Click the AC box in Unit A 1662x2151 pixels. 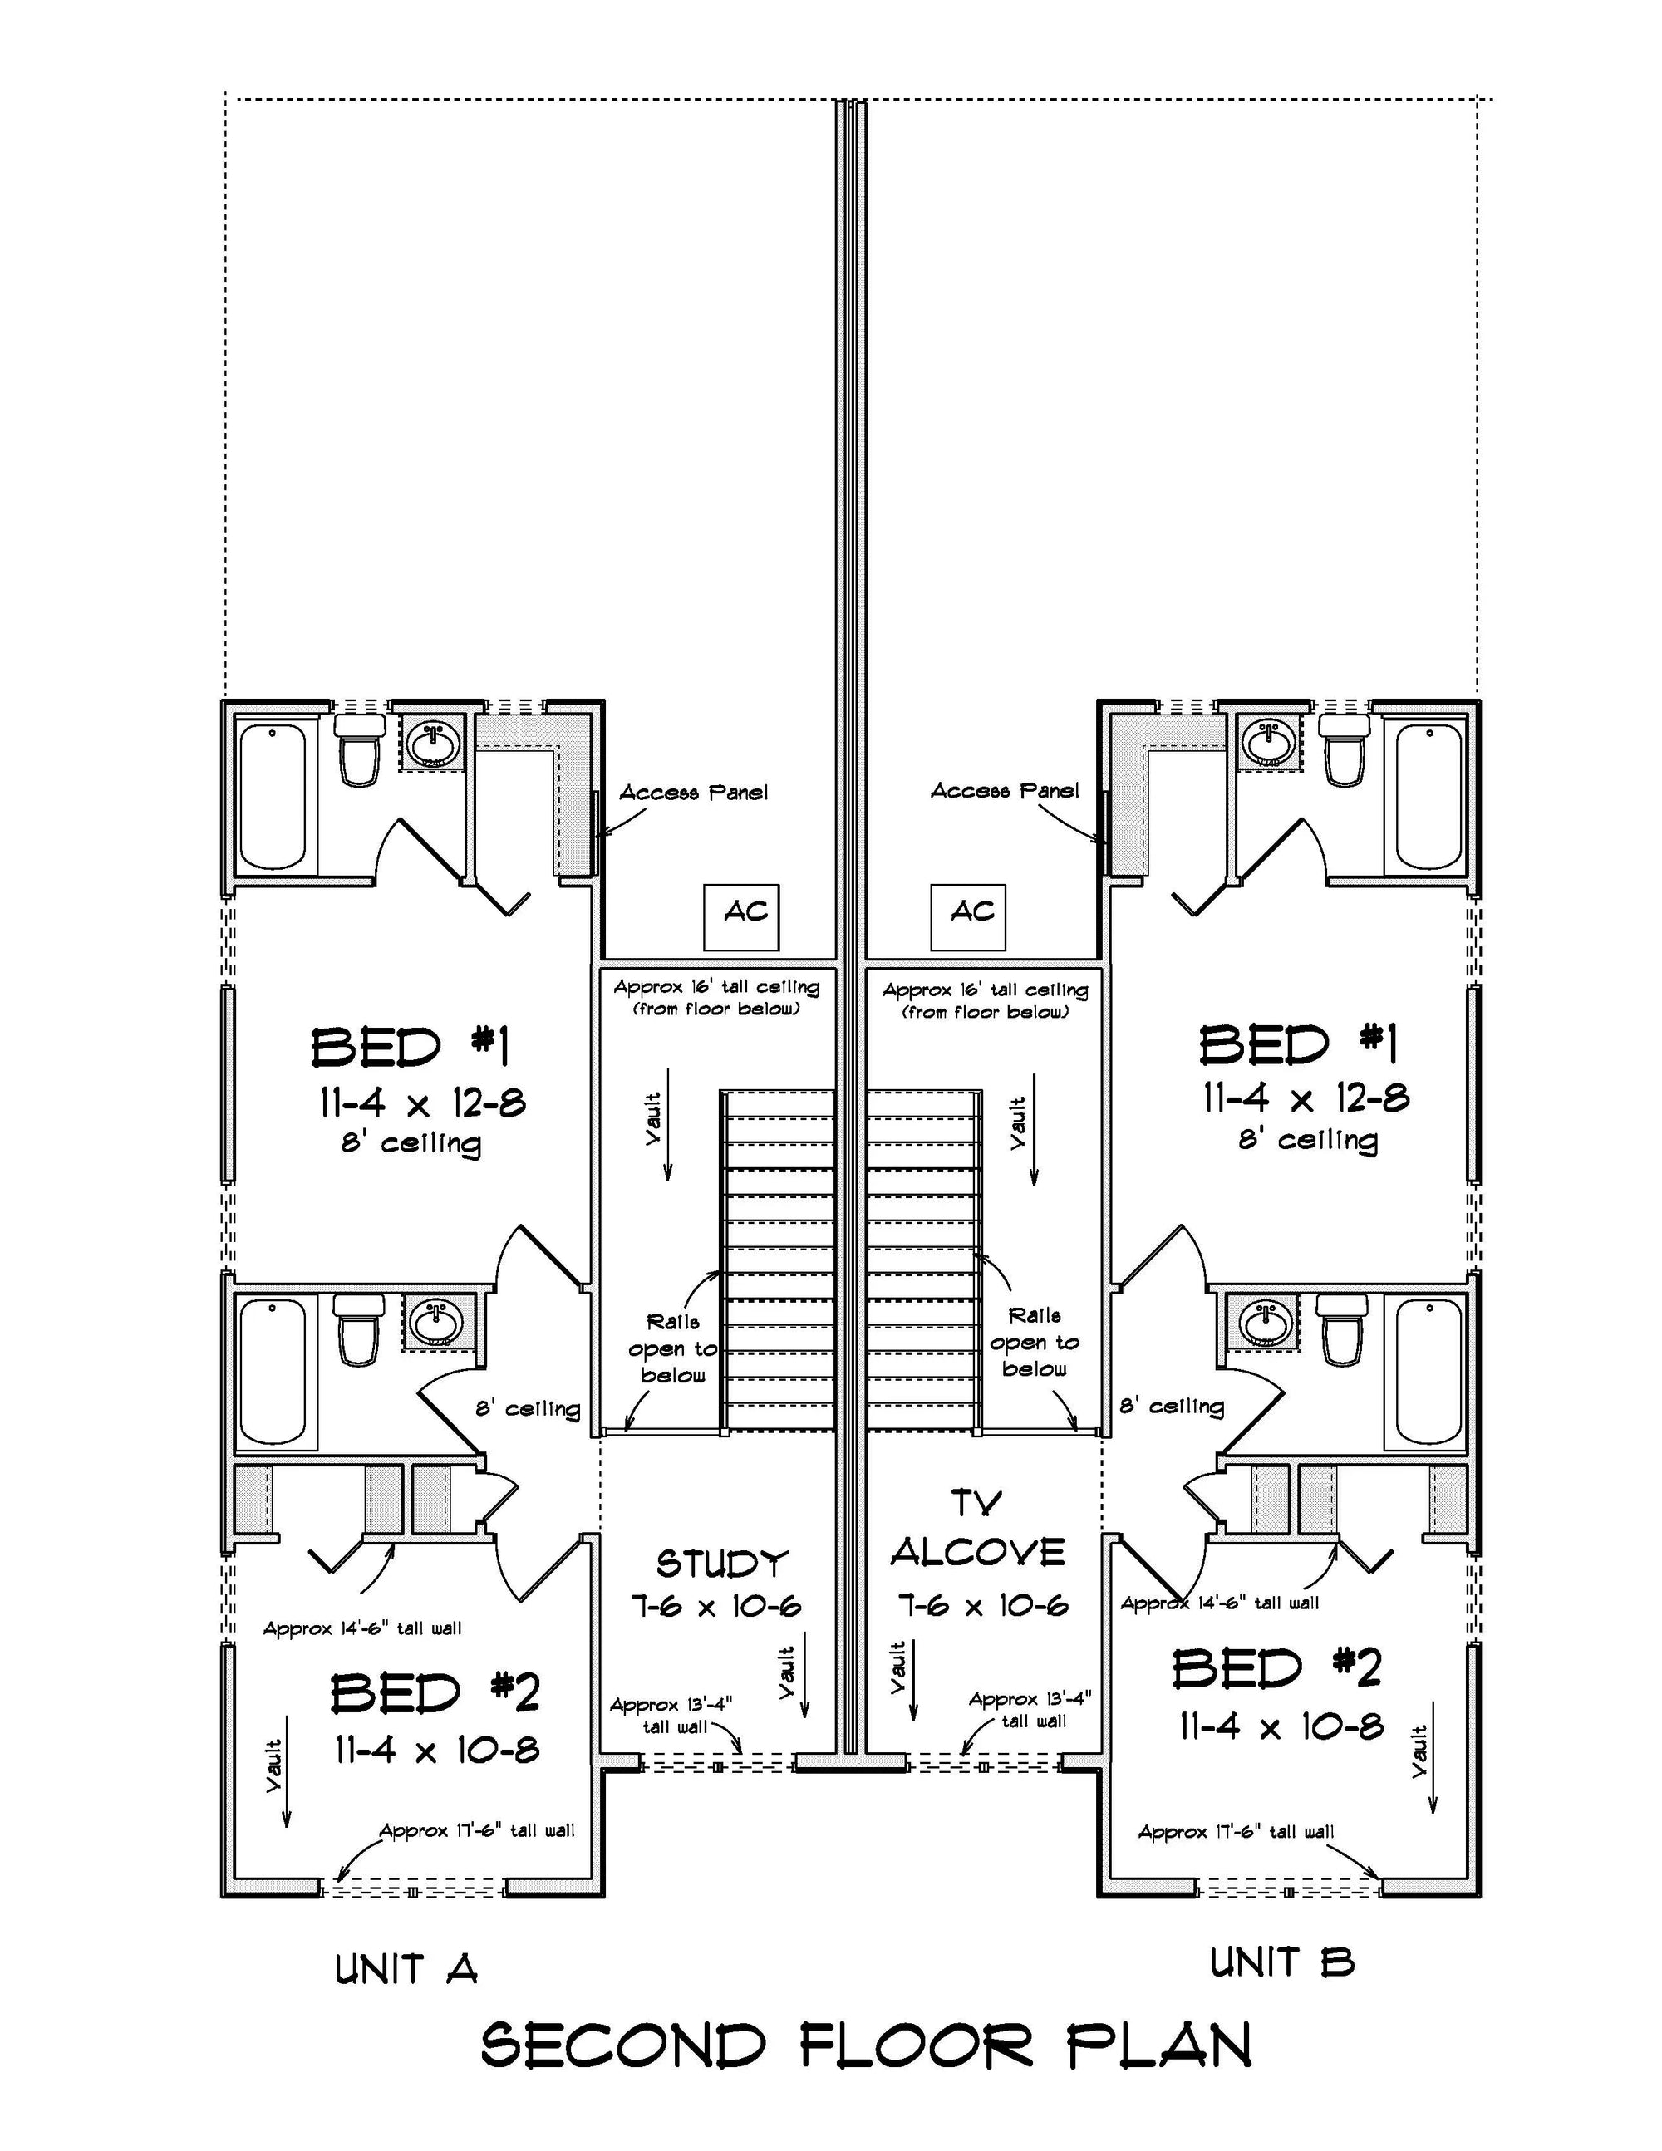click(741, 917)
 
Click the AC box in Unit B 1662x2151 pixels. click(967, 917)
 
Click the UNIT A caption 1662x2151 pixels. click(406, 1970)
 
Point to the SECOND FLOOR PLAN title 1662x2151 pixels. click(866, 2045)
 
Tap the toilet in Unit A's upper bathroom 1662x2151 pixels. click(359, 750)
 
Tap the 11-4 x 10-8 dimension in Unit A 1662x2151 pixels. click(436, 1751)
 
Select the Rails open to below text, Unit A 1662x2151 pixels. click(673, 1348)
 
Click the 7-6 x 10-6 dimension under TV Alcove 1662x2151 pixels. click(982, 1606)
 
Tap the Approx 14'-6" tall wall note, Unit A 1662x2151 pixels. click(361, 1629)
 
